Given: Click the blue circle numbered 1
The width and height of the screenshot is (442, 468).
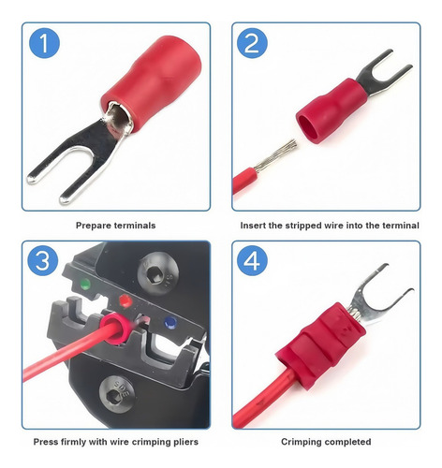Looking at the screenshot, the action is [44, 43].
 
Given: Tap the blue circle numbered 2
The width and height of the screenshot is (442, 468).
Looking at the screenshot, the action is [252, 43].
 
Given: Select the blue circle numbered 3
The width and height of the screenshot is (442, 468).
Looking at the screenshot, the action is [43, 260].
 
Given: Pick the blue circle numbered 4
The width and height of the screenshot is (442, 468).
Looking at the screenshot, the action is [252, 260].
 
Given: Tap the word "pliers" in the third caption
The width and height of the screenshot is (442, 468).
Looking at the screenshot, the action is [185, 442].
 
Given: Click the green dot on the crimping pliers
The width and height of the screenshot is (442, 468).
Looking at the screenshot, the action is [85, 284].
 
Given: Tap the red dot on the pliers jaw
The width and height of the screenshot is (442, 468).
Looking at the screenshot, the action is [125, 300].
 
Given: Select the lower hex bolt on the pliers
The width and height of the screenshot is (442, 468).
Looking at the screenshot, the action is [117, 394].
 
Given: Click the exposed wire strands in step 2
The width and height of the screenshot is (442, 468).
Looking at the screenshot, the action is [275, 155].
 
